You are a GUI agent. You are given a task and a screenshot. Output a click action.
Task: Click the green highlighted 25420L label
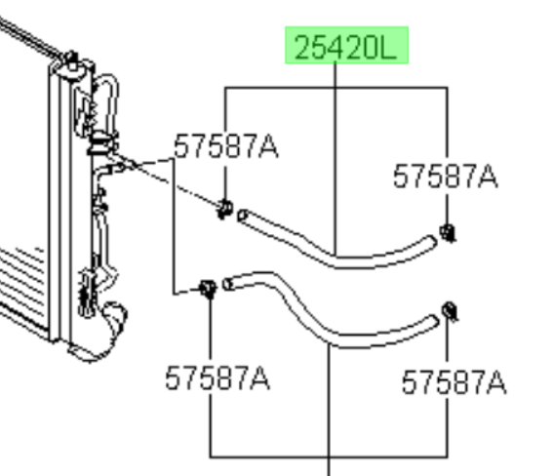[x=346, y=45]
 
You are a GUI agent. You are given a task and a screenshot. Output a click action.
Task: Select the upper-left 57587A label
[x=226, y=146]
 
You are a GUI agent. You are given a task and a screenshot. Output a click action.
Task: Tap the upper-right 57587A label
[x=445, y=176]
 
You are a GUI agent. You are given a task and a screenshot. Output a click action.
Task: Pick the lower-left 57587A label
[x=217, y=377]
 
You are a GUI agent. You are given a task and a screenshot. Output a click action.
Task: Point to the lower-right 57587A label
[x=454, y=381]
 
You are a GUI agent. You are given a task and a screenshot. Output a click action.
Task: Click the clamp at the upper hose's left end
[x=225, y=209]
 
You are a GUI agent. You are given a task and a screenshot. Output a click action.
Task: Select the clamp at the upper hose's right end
[x=448, y=233]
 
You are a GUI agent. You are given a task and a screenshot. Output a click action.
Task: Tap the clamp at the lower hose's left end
[x=208, y=289]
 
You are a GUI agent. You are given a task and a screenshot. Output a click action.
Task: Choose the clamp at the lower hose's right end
[x=450, y=311]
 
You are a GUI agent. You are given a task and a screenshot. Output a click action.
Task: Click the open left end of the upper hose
[x=242, y=216]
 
